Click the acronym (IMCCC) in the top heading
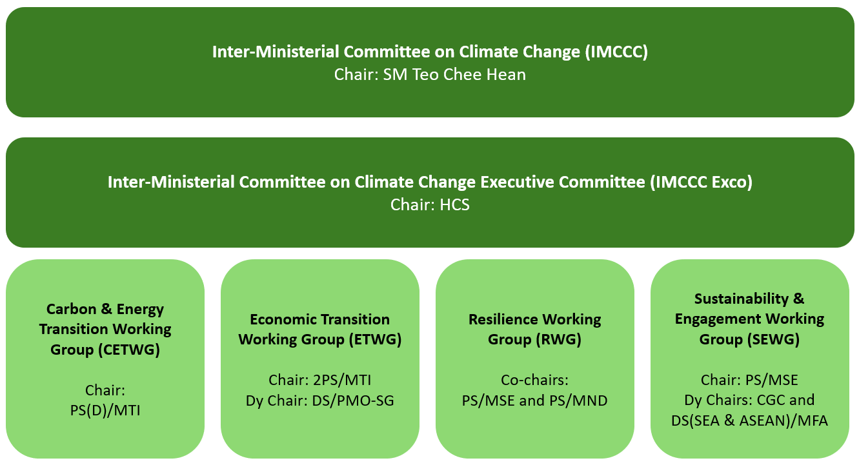(x=616, y=52)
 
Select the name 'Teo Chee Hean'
(x=469, y=74)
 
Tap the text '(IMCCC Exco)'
(x=702, y=182)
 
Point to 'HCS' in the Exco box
(x=454, y=204)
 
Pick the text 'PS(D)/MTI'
(x=105, y=411)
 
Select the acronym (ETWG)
(x=376, y=340)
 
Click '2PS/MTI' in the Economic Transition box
(x=342, y=380)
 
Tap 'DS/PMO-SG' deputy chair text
(x=353, y=401)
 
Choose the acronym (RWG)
(x=558, y=340)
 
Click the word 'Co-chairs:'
(x=534, y=380)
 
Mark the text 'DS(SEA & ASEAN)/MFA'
(x=749, y=421)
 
